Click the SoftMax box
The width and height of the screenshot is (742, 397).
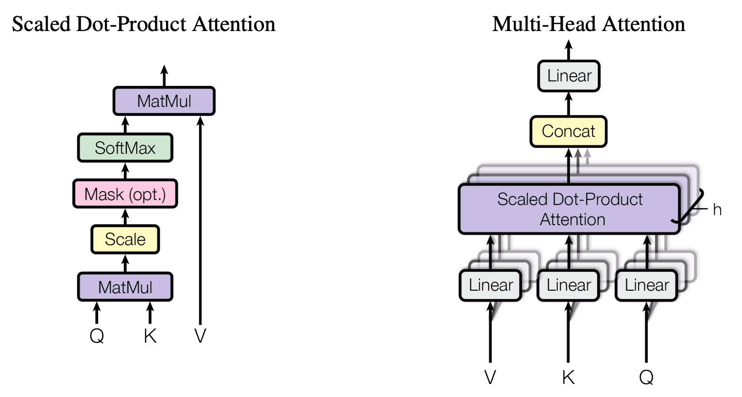coord(125,148)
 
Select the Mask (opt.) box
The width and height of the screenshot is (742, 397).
coord(125,194)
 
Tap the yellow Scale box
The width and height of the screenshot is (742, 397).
coord(125,239)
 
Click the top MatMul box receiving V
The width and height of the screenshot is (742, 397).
coord(164,101)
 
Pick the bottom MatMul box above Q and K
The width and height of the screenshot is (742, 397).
coord(125,287)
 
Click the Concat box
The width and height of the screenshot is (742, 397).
coord(568,131)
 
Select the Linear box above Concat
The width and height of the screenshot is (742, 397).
coord(569,76)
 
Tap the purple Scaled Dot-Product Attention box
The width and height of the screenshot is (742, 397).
coord(569,209)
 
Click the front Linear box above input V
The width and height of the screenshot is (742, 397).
coord(490,285)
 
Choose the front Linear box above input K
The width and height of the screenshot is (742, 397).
coord(568,285)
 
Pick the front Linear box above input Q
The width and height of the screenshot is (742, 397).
coord(646,285)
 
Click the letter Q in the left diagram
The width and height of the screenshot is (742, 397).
coord(97,336)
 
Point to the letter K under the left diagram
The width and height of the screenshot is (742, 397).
coord(150,336)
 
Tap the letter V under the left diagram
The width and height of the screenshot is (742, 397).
coord(200,336)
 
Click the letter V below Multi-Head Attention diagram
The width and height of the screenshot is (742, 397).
coord(490,377)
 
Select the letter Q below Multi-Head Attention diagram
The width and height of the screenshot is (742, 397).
coord(646,377)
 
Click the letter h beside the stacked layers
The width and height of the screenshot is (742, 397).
coord(717,210)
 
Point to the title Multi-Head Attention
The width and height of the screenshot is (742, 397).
coord(589,24)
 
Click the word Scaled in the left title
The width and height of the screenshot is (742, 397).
coord(42,24)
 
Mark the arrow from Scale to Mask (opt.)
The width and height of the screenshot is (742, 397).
coord(125,216)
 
